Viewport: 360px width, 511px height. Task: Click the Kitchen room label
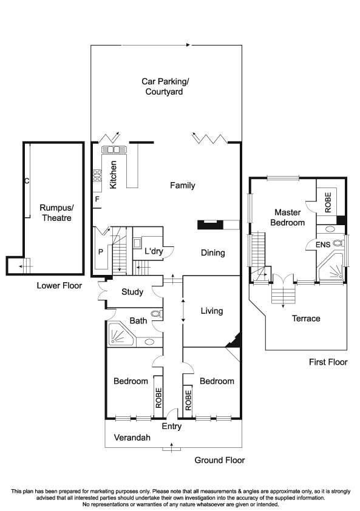pos(113,175)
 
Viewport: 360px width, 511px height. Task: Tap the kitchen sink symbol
pos(114,149)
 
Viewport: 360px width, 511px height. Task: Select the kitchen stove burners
pos(97,175)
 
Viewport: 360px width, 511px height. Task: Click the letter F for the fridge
pos(97,199)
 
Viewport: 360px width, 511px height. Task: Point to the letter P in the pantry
pos(101,252)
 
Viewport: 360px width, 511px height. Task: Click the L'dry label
pos(154,251)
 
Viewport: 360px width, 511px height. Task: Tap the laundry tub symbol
pos(137,243)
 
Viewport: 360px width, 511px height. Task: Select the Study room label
pos(132,292)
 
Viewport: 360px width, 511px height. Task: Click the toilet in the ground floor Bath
pos(156,314)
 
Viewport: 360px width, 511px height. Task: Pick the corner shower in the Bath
pos(121,334)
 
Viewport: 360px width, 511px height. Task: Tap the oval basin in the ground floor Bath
pos(150,342)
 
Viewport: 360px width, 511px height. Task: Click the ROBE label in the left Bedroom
pos(158,398)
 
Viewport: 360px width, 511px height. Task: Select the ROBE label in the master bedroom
pos(328,202)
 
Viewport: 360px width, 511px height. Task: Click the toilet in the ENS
pos(338,243)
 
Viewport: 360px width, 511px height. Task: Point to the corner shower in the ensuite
pos(331,267)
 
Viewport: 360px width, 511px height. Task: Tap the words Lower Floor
pos(59,286)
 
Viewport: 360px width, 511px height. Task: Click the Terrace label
pos(306,319)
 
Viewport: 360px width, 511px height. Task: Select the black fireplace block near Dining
pos(210,225)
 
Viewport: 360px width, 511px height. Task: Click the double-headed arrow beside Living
pos(183,311)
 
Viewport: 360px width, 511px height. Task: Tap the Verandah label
pos(132,438)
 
